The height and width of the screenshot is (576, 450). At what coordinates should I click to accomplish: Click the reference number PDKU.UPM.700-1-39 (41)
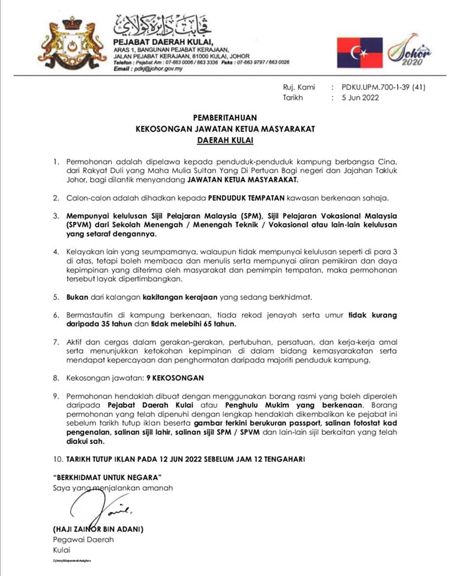click(x=383, y=87)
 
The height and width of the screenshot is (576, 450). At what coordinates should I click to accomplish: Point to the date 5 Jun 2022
click(x=360, y=98)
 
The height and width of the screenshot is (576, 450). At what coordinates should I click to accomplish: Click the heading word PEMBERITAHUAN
click(x=224, y=119)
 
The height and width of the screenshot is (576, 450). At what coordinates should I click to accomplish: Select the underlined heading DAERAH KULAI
click(x=224, y=141)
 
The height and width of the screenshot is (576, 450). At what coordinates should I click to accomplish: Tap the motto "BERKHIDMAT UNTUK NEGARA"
click(x=107, y=478)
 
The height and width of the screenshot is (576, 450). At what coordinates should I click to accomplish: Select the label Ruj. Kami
click(x=299, y=87)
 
